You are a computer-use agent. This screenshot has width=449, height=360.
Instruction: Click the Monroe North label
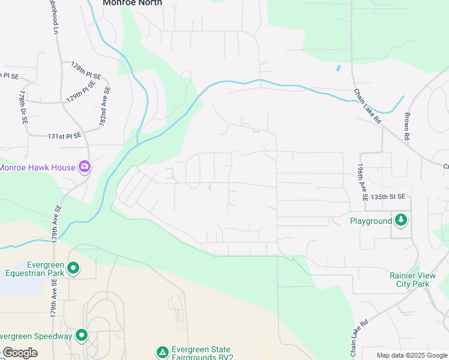(x=132, y=3)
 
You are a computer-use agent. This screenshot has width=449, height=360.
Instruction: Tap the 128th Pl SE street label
(x=86, y=71)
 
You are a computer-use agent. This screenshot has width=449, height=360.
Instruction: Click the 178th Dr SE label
(x=23, y=108)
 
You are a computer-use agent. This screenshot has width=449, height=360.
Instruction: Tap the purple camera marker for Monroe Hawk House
(x=85, y=167)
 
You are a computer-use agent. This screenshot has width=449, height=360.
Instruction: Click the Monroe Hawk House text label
(x=37, y=167)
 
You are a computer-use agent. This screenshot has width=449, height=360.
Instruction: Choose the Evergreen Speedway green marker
(x=82, y=335)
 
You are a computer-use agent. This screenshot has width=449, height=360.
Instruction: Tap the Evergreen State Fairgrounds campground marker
(x=161, y=352)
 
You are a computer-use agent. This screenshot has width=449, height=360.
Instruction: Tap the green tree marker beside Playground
(x=401, y=220)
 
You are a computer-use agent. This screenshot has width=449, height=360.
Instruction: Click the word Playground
(x=371, y=221)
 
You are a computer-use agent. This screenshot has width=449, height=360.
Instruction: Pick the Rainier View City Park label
(x=410, y=280)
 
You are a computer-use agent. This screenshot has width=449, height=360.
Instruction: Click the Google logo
(x=20, y=353)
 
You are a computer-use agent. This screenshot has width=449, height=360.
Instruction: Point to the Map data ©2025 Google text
(x=411, y=355)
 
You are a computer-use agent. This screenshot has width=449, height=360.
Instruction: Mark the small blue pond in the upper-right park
(x=339, y=68)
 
